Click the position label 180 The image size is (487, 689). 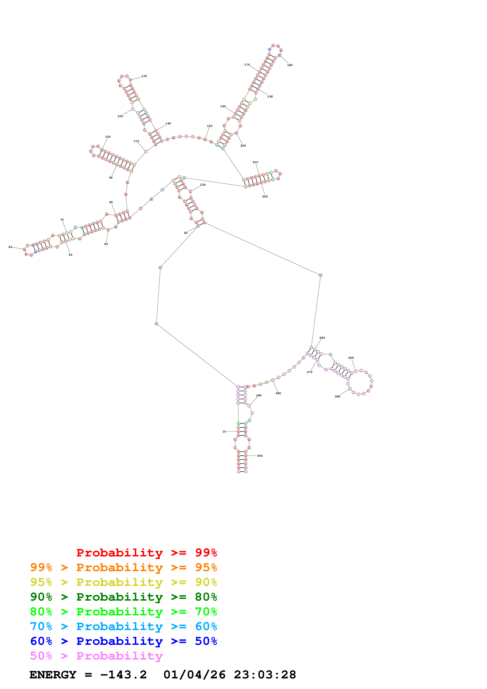(290, 65)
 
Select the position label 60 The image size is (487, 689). (10, 247)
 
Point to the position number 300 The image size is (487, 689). (260, 456)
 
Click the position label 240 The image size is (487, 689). (322, 338)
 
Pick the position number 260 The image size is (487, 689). (338, 396)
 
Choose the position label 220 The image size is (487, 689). (265, 197)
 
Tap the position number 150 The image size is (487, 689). (209, 126)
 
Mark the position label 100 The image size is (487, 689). (108, 137)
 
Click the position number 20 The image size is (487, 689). (185, 233)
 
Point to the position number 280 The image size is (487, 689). (278, 393)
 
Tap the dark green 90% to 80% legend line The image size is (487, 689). (123, 597)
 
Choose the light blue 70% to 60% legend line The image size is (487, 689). (123, 626)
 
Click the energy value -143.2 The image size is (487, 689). (123, 675)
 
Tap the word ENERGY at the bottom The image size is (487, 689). (53, 675)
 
